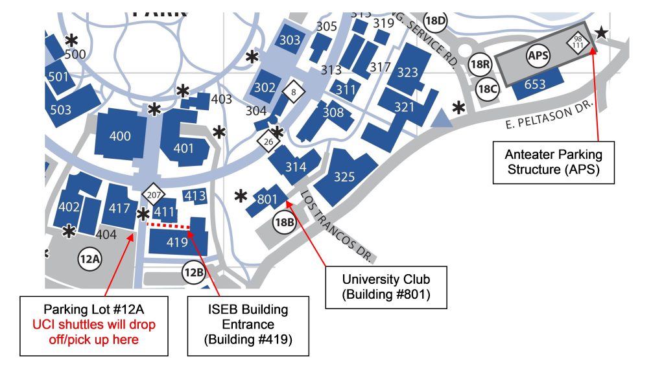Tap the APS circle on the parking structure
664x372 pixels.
(x=539, y=56)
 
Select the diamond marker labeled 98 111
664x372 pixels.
(x=576, y=43)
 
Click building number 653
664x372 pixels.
(x=535, y=84)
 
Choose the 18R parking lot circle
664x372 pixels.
(x=480, y=64)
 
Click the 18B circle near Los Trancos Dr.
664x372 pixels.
(x=284, y=222)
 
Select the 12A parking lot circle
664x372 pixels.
(x=89, y=260)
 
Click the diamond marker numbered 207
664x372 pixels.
(x=154, y=194)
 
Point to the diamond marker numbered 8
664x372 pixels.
(x=294, y=92)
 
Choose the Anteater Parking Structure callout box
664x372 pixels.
(x=554, y=162)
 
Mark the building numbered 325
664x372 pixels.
(x=345, y=176)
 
